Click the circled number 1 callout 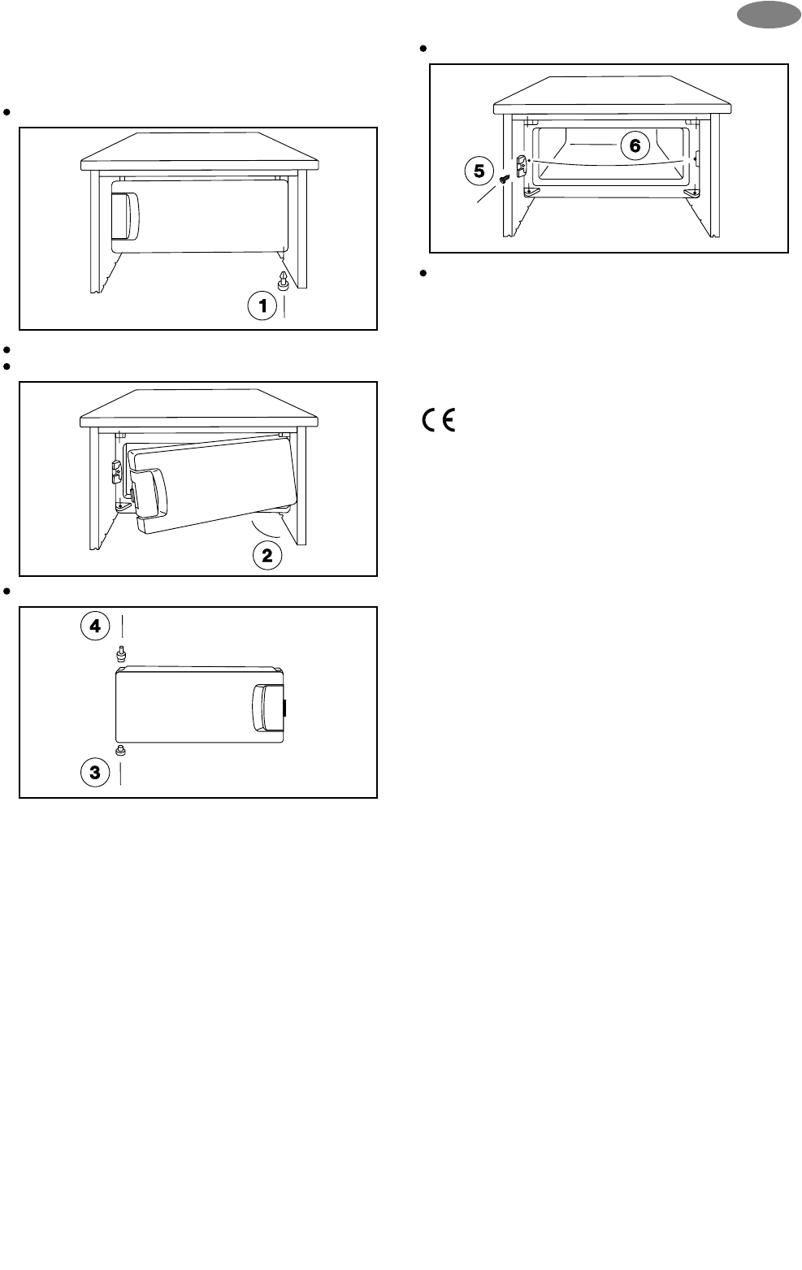pos(262,306)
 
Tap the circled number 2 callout pos(267,556)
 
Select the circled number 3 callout pos(95,772)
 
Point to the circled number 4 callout pos(95,626)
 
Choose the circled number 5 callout pos(479,171)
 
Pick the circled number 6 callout pos(635,145)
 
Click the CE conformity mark pos(438,420)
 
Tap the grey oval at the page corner pos(769,14)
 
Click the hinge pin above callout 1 pos(284,280)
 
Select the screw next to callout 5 pos(505,179)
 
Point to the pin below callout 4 pos(120,655)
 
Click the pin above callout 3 pos(119,751)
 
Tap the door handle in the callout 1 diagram pos(125,215)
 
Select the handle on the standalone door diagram pos(268,709)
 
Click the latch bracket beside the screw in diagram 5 pos(522,166)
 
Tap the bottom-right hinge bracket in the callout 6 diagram pos(692,193)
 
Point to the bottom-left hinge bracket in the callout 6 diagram pos(531,193)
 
